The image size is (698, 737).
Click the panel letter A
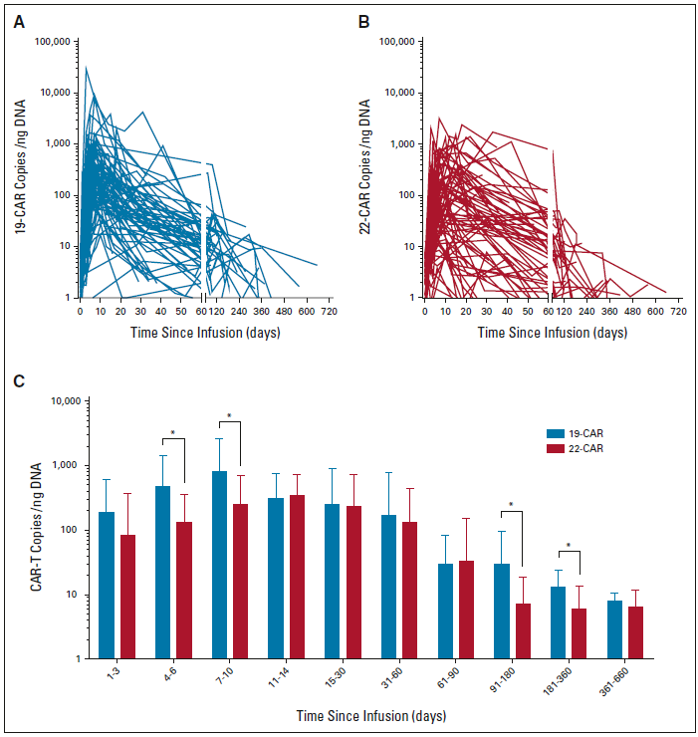(x=19, y=20)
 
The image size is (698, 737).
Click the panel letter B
(x=362, y=20)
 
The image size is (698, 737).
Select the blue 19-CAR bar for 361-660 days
(x=614, y=628)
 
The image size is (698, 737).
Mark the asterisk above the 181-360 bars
(x=569, y=546)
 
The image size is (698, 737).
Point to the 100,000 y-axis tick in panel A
(x=52, y=42)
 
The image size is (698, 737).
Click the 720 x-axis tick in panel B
(x=678, y=313)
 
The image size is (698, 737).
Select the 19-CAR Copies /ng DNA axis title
(x=20, y=169)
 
